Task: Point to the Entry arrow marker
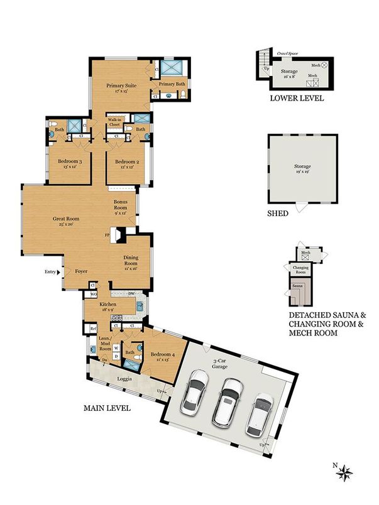(58, 272)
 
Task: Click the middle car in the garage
(228, 401)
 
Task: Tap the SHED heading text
(278, 214)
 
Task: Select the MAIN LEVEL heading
(107, 408)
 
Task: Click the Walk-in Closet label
(114, 122)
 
